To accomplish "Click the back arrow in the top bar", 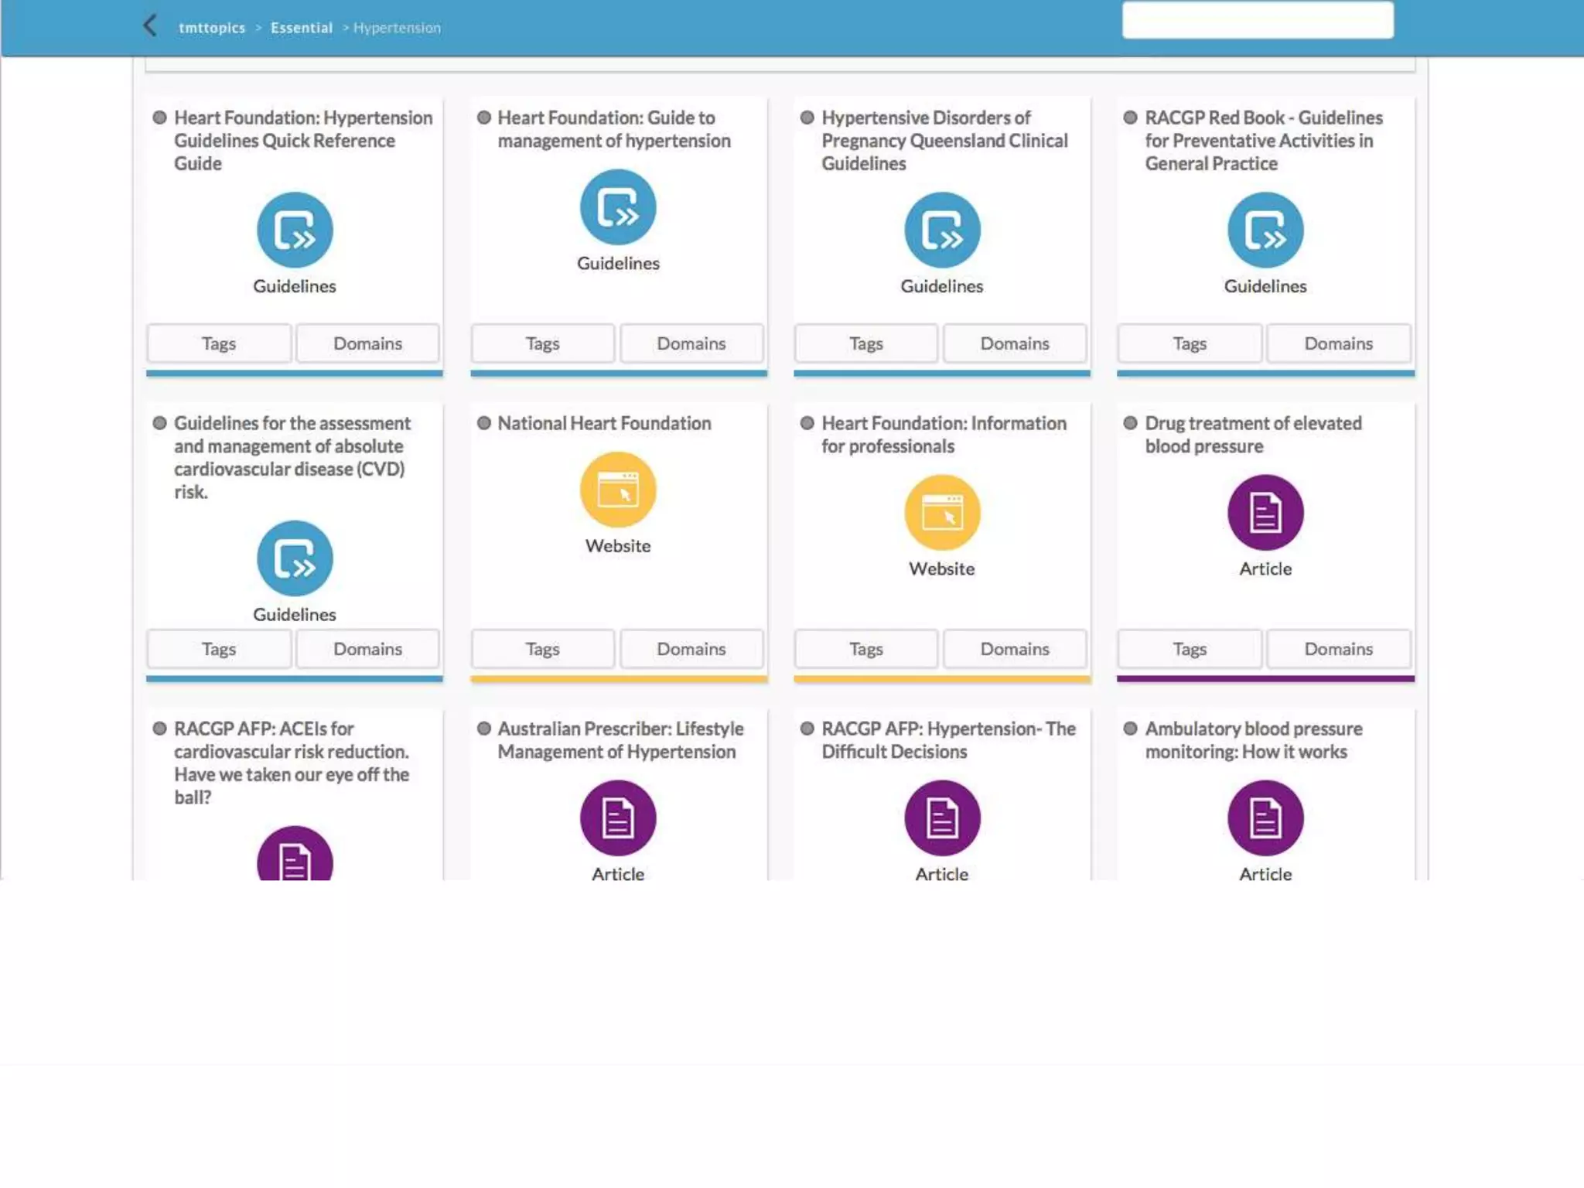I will [x=150, y=26].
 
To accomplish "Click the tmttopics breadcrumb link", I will [x=211, y=28].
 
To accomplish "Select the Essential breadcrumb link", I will [x=301, y=28].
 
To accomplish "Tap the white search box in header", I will [x=1257, y=20].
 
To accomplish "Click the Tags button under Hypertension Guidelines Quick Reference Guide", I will [x=219, y=343].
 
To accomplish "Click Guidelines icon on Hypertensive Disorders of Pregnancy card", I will [x=941, y=230].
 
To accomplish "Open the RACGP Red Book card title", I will [x=1263, y=141].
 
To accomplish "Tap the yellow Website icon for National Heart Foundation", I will [x=618, y=490].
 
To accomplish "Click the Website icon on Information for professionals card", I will [x=941, y=513].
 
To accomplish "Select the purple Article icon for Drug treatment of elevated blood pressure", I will [x=1265, y=513].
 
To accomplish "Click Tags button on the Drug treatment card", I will [x=1189, y=649].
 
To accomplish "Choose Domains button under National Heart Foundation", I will [x=691, y=649].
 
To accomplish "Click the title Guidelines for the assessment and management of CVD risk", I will [x=292, y=457].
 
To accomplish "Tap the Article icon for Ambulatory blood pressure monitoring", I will [x=1265, y=818].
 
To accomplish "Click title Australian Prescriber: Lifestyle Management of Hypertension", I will [x=620, y=740].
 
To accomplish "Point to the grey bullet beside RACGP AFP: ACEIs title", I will [x=160, y=729].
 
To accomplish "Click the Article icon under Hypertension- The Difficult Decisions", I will [x=941, y=818].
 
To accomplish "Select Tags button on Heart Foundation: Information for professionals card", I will [x=865, y=649].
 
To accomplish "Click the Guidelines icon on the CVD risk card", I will [x=295, y=558].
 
